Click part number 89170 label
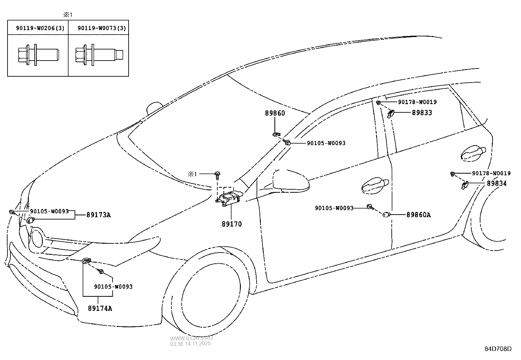(231, 224)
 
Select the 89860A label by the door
(419, 215)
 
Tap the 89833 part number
(422, 113)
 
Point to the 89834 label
(496, 183)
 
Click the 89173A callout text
(99, 215)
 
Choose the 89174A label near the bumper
(100, 308)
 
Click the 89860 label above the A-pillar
(275, 113)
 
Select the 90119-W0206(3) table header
(40, 28)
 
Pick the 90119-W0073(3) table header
(101, 28)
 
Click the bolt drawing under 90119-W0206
(38, 54)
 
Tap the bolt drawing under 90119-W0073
(99, 54)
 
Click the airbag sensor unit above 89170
(229, 199)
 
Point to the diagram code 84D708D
(497, 349)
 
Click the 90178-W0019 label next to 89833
(417, 102)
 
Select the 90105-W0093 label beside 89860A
(334, 208)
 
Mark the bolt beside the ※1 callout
(217, 175)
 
